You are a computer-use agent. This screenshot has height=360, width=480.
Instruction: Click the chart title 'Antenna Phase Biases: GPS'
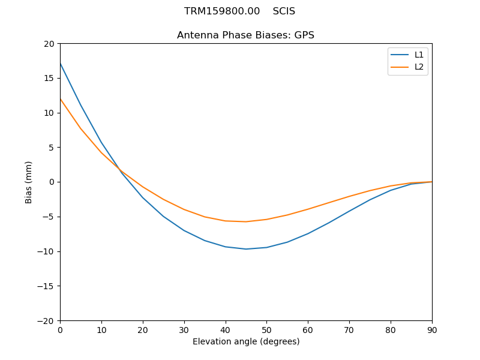(x=245, y=35)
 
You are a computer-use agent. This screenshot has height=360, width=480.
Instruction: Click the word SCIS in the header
(x=284, y=11)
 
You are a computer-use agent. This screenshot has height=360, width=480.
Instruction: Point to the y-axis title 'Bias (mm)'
(x=29, y=182)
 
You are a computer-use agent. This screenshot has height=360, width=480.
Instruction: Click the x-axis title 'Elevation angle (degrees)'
(x=246, y=341)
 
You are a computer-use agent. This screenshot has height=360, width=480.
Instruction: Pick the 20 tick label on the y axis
(x=49, y=44)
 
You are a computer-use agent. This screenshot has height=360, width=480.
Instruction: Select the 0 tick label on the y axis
(x=52, y=182)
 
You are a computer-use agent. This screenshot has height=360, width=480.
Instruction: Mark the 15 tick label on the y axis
(x=49, y=78)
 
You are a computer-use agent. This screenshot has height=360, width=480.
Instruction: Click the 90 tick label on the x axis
(x=432, y=329)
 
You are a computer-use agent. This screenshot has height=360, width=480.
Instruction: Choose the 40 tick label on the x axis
(x=226, y=329)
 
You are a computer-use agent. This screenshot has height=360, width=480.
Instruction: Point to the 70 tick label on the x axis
(x=349, y=329)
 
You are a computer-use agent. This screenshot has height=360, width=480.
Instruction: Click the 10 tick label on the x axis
(x=101, y=329)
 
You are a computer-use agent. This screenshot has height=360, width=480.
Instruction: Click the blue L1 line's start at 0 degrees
(x=60, y=64)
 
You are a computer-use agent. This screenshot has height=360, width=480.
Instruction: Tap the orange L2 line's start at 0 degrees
(x=60, y=99)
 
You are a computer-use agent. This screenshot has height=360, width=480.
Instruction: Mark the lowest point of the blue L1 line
(x=246, y=249)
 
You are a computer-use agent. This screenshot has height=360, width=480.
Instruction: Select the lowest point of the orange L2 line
(x=246, y=221)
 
